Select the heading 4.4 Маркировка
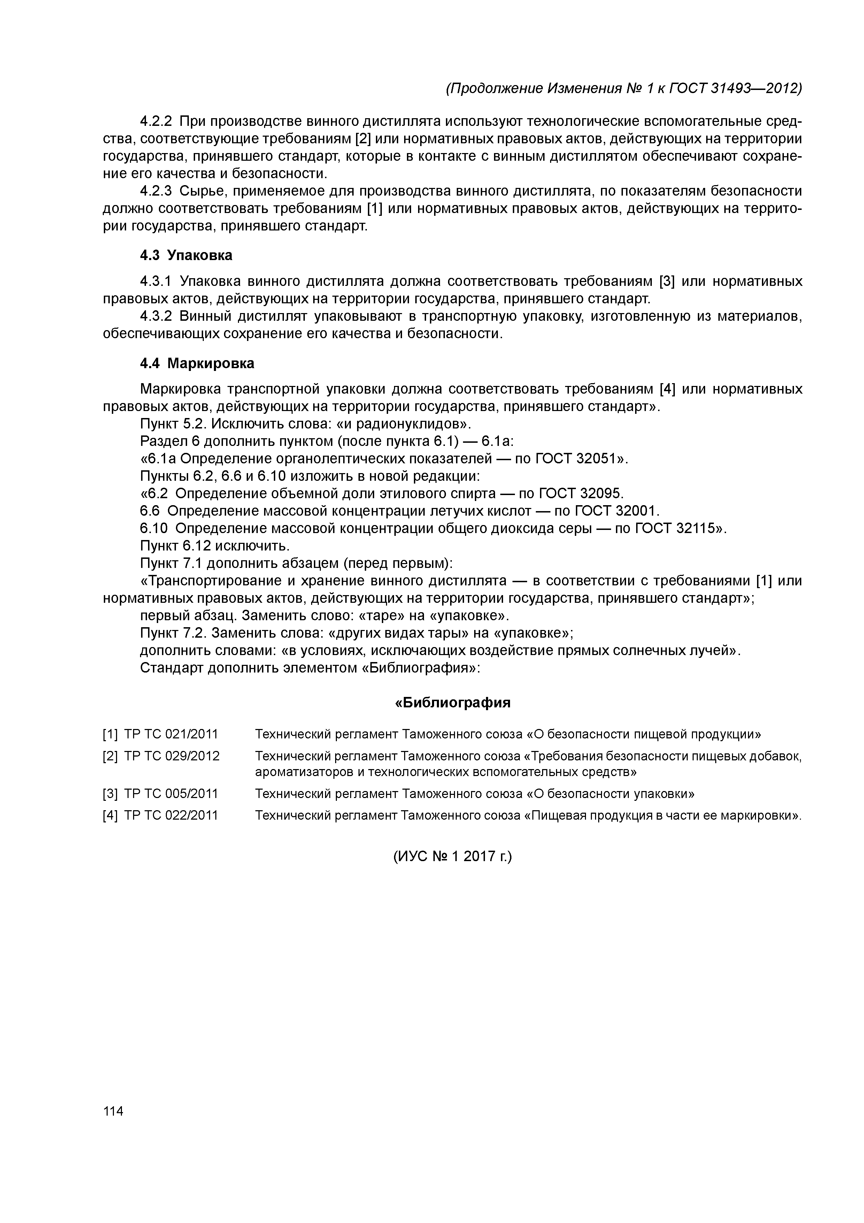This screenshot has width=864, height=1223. pyautogui.click(x=197, y=363)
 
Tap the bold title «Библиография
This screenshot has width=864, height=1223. pyautogui.click(x=453, y=702)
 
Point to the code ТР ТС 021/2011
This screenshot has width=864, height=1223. pyautogui.click(x=171, y=735)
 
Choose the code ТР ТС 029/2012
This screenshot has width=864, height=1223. pyautogui.click(x=171, y=757)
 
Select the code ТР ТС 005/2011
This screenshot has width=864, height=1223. pyautogui.click(x=171, y=794)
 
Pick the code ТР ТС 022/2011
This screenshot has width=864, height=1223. pyautogui.click(x=171, y=815)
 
